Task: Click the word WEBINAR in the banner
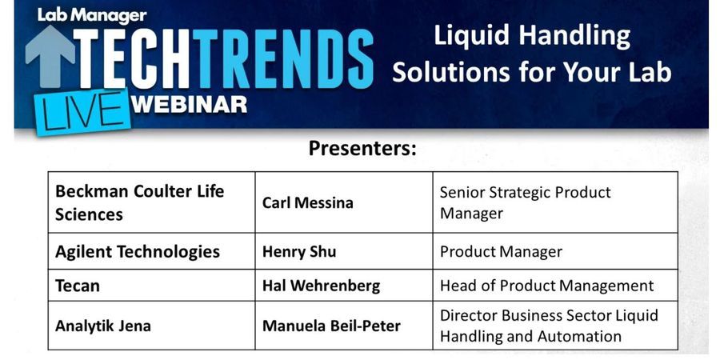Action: coord(189,103)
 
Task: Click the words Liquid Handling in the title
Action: coord(532,35)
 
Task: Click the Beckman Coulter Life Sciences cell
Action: coord(140,202)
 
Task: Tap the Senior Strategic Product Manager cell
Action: coord(525,202)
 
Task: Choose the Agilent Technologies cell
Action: coord(138,251)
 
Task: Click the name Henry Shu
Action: coord(299,251)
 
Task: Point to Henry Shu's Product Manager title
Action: coord(501,251)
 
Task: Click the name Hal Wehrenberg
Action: coord(321,286)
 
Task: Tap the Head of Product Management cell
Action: coord(546,286)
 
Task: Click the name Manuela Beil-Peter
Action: coord(331,326)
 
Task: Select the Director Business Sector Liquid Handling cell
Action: coord(549,326)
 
